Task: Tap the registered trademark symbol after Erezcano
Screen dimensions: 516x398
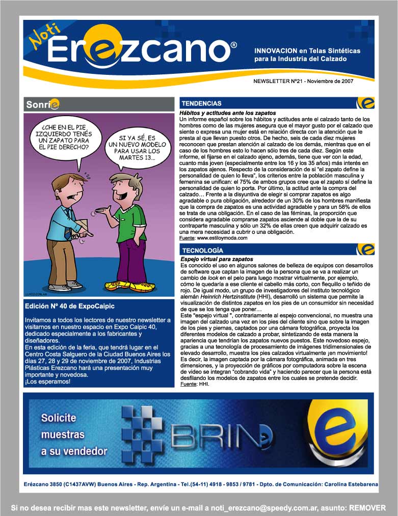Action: click(233, 45)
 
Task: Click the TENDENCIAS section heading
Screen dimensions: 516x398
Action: click(202, 103)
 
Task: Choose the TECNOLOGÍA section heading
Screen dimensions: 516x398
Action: click(202, 251)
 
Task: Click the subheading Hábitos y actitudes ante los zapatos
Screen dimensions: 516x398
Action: click(228, 113)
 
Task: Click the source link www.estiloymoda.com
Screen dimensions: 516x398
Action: click(222, 238)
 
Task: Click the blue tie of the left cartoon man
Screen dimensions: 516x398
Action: click(68, 223)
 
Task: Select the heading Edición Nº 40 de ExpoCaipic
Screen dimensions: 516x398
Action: click(69, 306)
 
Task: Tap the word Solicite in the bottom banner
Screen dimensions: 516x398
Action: click(59, 418)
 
